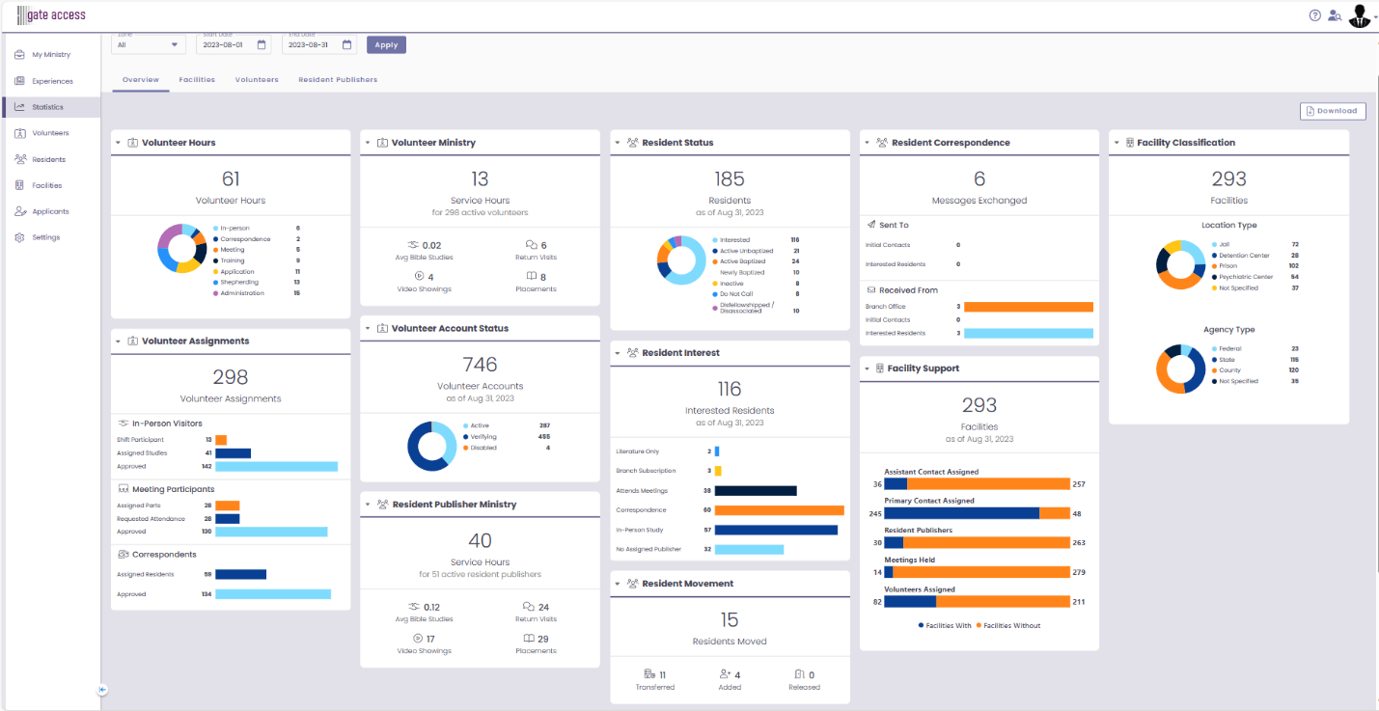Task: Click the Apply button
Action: tap(386, 45)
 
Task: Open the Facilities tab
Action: tap(197, 79)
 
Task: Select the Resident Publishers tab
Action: tap(338, 79)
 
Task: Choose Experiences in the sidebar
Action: tap(51, 81)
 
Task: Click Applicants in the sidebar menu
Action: tap(50, 211)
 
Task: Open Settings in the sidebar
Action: tap(45, 237)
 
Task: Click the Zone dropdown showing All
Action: tap(148, 44)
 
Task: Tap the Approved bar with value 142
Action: tap(276, 466)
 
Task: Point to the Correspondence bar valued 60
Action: tap(779, 510)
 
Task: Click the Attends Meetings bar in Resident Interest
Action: tap(756, 490)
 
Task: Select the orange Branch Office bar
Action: tap(1028, 307)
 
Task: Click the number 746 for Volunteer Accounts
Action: tap(480, 365)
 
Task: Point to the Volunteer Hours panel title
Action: tap(179, 143)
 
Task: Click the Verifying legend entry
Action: tap(483, 437)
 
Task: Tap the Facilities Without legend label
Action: tap(1011, 625)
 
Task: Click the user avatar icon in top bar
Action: tap(1359, 15)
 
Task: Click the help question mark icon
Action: tap(1314, 15)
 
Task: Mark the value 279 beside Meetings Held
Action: tap(1079, 573)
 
